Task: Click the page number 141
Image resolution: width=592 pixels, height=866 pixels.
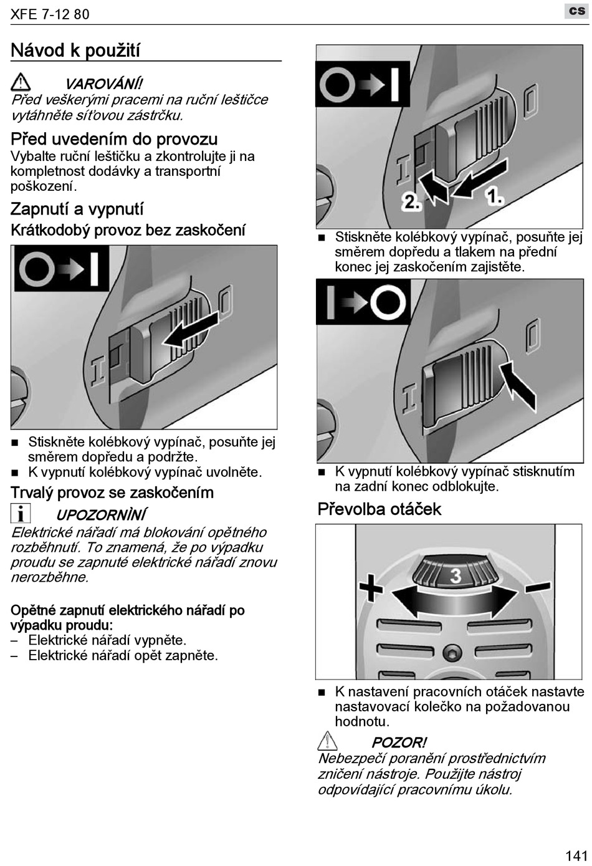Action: click(x=576, y=855)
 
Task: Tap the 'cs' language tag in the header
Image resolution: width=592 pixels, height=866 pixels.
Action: click(x=577, y=11)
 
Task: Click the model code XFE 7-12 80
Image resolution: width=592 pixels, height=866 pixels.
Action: click(x=50, y=14)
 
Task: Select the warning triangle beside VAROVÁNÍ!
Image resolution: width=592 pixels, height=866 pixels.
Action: click(x=21, y=82)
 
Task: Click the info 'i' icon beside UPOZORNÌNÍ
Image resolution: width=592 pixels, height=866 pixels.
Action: click(x=21, y=513)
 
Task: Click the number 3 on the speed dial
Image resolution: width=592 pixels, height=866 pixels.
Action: click(x=456, y=575)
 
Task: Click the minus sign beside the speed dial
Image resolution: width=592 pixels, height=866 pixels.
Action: click(x=537, y=587)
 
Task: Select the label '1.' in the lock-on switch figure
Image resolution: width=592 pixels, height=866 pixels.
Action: click(x=494, y=198)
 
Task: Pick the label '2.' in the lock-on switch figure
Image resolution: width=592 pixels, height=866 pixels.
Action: click(x=411, y=201)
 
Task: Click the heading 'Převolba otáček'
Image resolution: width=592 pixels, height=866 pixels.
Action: click(x=379, y=509)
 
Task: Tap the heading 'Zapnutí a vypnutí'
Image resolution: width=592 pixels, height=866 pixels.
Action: click(x=77, y=209)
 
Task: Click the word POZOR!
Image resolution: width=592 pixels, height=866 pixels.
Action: click(x=399, y=743)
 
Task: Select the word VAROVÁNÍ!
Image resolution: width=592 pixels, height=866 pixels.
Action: click(x=103, y=84)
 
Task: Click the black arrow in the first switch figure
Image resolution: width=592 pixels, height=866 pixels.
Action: click(x=191, y=330)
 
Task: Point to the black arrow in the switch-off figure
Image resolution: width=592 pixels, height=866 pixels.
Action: click(x=518, y=383)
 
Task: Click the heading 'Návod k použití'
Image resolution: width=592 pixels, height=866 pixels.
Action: click(x=75, y=51)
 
